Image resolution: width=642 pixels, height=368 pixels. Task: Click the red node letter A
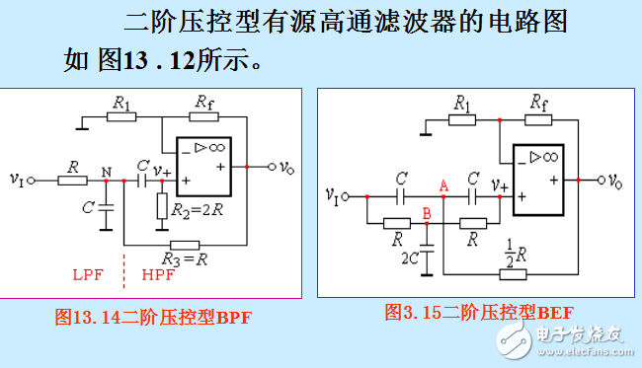443,184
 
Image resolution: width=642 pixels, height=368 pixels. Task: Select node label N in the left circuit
107,170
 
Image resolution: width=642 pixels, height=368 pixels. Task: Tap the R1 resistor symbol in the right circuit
462,120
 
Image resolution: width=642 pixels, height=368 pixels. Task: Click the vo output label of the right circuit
614,181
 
